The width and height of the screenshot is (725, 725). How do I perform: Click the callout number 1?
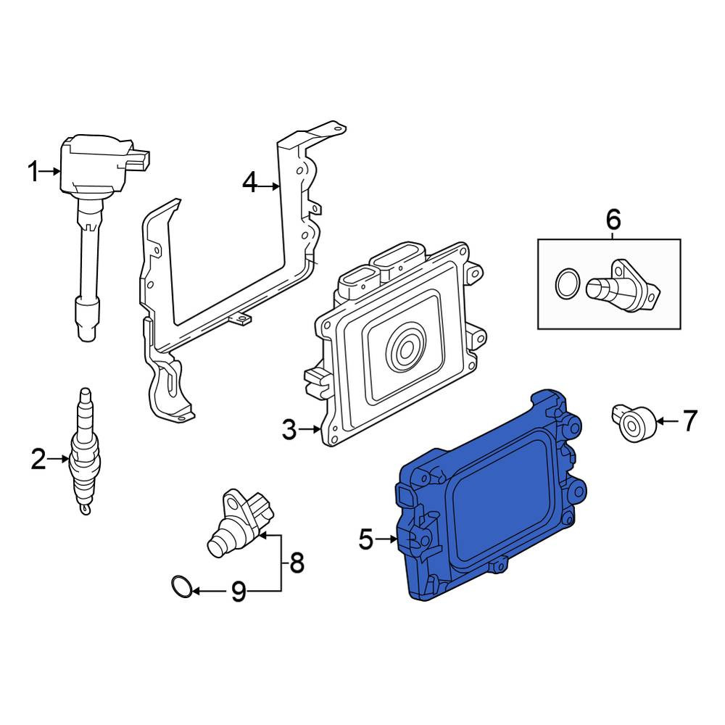33,172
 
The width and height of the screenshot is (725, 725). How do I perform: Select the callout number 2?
39,459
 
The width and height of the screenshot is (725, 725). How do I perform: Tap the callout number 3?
289,429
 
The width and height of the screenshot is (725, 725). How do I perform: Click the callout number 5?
365,539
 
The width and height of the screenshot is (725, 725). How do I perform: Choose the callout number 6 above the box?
613,220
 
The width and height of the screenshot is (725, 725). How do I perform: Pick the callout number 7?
689,421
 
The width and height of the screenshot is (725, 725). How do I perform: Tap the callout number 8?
296,563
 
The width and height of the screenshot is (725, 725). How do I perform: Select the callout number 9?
238,592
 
